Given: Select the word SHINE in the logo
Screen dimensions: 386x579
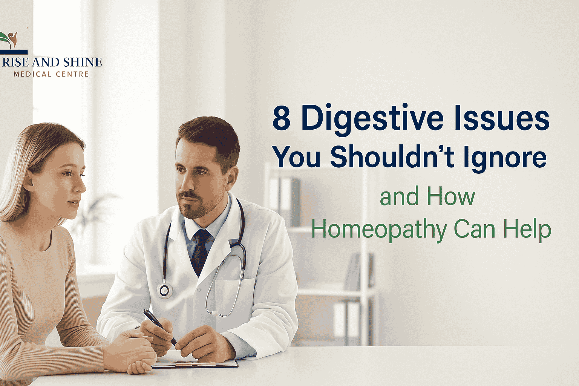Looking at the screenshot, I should coord(82,62).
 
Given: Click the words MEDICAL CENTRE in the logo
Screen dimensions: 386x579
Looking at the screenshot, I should coord(51,74).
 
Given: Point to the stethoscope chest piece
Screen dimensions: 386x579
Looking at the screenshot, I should coord(165,290).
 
